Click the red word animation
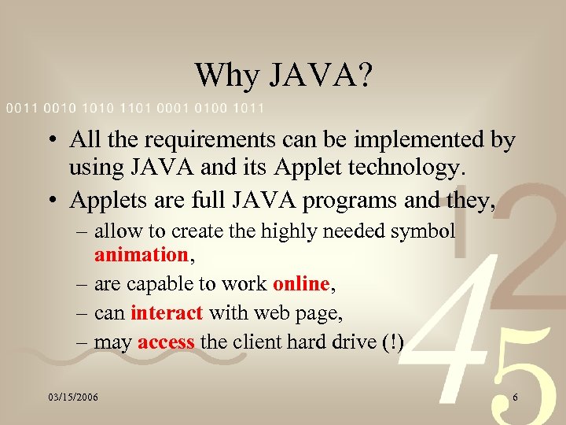[x=139, y=253]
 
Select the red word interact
[x=167, y=312]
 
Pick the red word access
[x=167, y=342]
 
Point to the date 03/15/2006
[x=72, y=397]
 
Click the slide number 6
[x=515, y=397]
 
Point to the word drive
[x=346, y=342]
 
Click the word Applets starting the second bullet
[x=103, y=200]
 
